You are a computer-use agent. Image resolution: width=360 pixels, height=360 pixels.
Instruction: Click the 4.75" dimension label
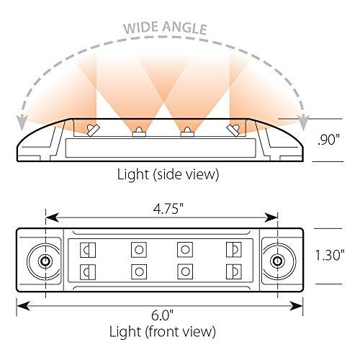[168, 208]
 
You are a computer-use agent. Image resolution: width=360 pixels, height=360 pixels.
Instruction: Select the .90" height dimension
[328, 140]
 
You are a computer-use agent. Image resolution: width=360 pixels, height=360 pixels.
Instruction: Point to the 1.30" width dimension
[330, 255]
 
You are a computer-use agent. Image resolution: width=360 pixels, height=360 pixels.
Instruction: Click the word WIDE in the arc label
[139, 27]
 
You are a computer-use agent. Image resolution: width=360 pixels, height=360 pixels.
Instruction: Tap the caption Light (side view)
[168, 174]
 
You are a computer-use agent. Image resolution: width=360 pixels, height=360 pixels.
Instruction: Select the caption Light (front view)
[163, 332]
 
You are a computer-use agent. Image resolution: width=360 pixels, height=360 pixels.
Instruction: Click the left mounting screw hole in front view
[45, 261]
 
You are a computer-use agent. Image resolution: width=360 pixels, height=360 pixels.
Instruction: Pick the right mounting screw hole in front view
[277, 261]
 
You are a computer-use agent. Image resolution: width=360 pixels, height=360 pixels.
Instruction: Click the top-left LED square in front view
[88, 250]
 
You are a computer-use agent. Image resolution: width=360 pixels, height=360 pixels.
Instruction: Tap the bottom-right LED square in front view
[234, 271]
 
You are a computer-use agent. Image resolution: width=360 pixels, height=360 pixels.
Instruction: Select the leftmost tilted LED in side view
[93, 130]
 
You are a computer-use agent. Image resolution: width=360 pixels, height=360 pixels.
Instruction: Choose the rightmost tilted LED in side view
[233, 130]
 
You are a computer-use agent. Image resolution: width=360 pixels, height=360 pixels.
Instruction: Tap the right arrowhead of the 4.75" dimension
[271, 217]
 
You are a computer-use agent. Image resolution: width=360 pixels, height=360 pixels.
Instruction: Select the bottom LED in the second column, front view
[139, 271]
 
